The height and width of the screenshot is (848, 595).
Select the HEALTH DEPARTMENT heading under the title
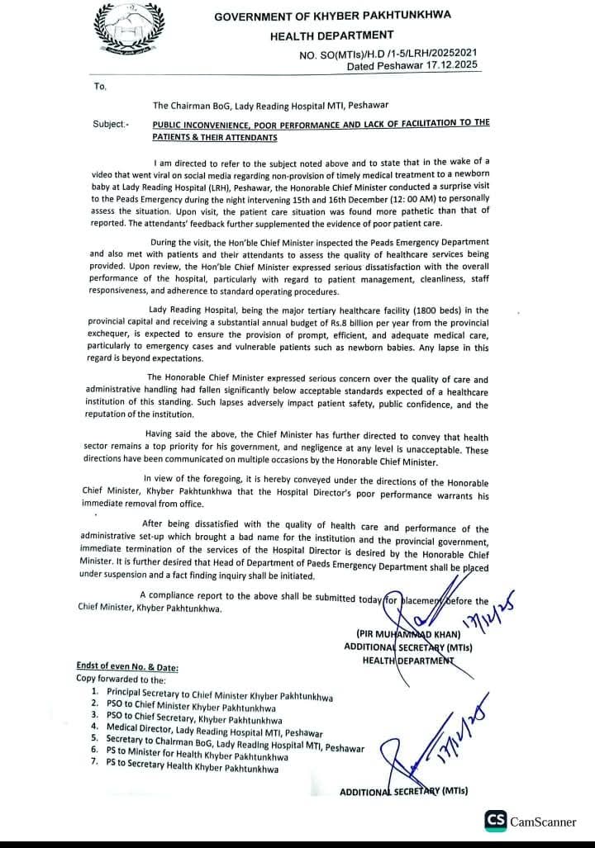pos(331,35)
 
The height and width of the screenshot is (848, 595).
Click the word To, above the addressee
pos(101,85)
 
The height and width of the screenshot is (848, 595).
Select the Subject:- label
pos(112,123)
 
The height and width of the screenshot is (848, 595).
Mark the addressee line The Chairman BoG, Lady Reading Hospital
pos(270,105)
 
